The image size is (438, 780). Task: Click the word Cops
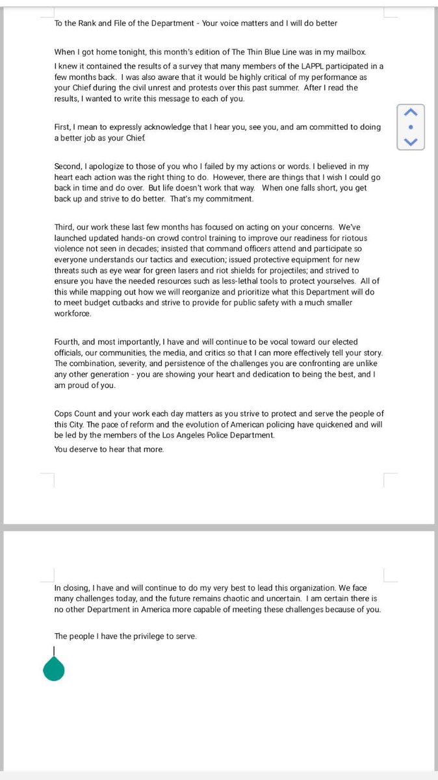66,414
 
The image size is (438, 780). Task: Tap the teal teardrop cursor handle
54,668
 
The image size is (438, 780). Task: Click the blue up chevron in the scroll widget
410,112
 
